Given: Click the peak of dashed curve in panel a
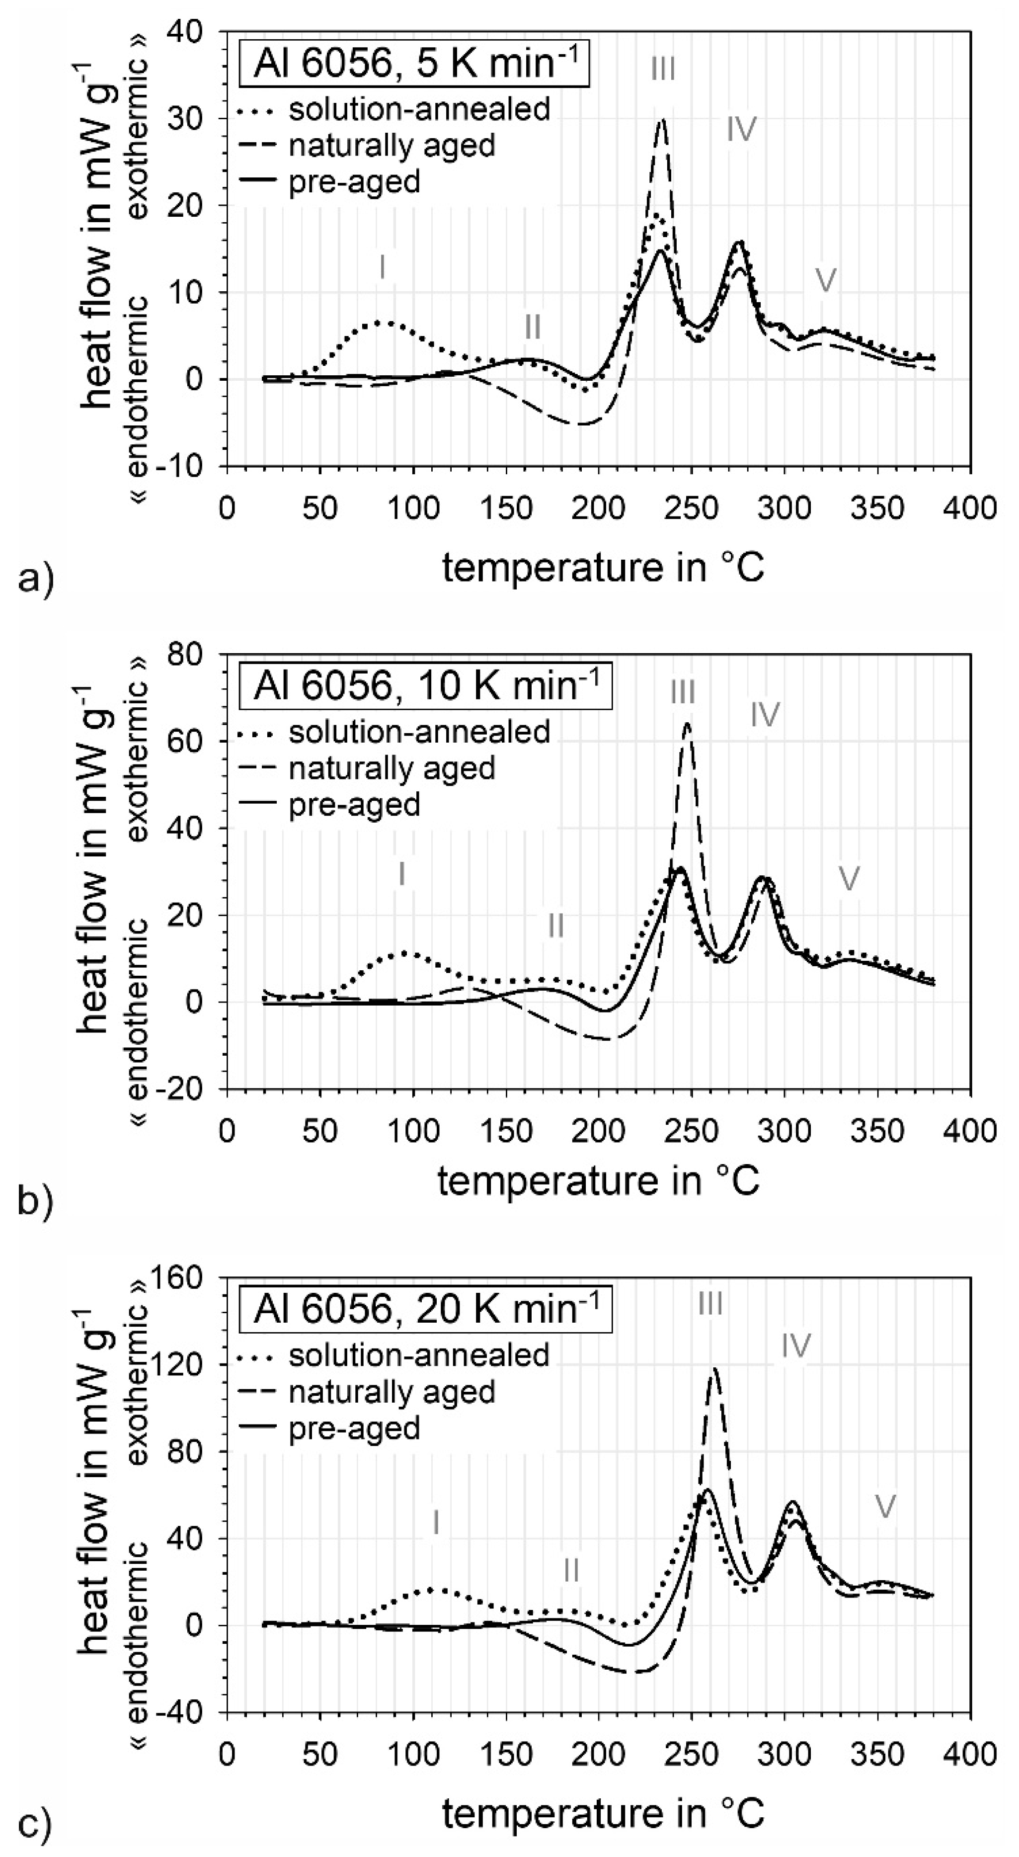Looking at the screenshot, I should point(662,120).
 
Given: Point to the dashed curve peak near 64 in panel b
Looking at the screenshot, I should point(687,723).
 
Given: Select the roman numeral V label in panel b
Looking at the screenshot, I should point(850,879).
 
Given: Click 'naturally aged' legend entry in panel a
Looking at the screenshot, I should point(392,146).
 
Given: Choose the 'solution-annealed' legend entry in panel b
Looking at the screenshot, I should point(419,732).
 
